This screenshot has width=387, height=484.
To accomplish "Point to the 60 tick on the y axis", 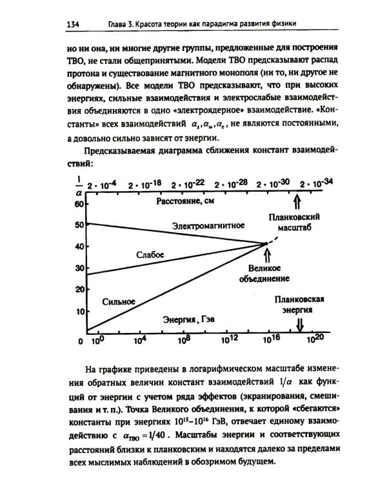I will [x=81, y=204].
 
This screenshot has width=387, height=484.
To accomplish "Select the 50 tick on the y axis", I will [x=81, y=225].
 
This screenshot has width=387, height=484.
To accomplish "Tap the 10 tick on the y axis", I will [x=81, y=312].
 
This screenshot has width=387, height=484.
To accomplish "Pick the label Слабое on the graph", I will [x=150, y=255].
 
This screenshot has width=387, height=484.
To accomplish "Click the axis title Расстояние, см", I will [x=184, y=203].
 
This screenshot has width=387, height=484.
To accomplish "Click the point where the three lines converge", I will [x=266, y=243].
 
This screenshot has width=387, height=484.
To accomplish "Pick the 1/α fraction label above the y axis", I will [x=79, y=185].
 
